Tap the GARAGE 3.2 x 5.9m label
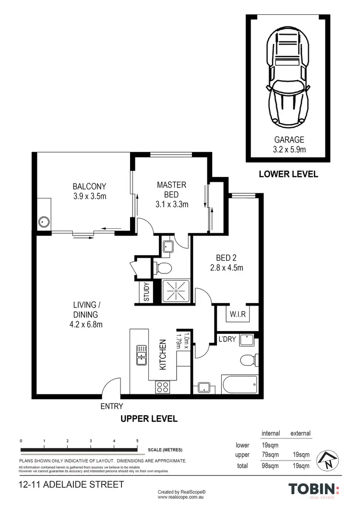289,145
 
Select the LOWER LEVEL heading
288,174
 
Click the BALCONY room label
89,191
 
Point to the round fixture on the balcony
44,222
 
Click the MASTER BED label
171,194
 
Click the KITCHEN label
162,355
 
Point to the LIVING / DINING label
86,315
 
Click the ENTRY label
111,407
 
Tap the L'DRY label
226,339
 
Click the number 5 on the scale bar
137,441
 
